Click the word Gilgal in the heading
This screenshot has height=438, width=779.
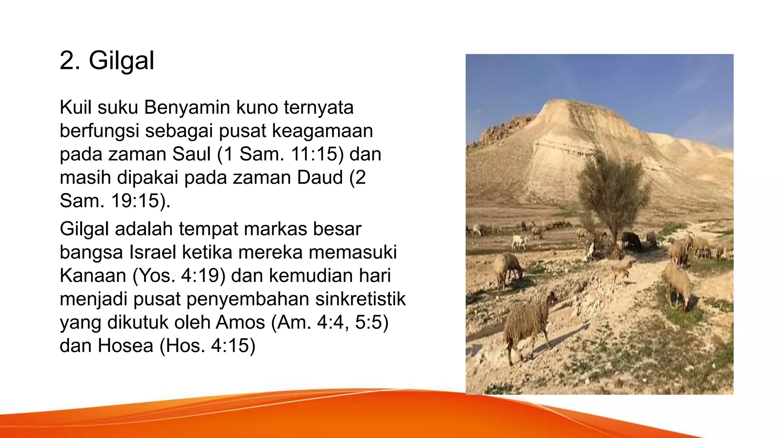click(121, 61)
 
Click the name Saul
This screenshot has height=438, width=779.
click(191, 154)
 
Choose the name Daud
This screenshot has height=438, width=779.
click(320, 178)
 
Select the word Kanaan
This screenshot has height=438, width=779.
click(93, 276)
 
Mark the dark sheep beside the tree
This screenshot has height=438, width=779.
click(632, 241)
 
